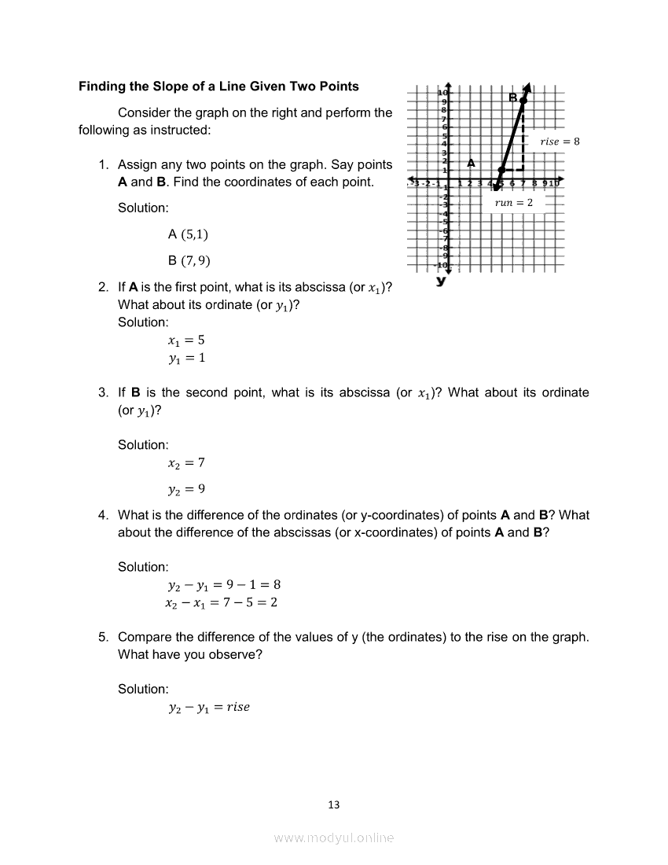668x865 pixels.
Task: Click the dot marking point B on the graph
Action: (x=523, y=100)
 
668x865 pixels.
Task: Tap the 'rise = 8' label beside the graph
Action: (x=560, y=142)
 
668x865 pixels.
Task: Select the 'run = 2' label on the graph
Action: (x=513, y=202)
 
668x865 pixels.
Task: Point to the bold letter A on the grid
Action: (x=471, y=163)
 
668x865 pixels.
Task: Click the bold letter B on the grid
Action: (x=512, y=98)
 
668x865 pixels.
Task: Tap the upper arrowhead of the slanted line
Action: (x=528, y=86)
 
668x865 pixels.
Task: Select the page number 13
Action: (x=334, y=804)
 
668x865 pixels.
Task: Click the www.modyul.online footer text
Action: (x=334, y=838)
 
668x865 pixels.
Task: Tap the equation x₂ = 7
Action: (x=186, y=462)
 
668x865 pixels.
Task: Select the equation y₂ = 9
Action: (x=186, y=489)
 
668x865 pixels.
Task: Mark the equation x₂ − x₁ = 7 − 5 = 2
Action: (x=221, y=603)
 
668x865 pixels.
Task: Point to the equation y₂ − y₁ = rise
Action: (x=208, y=707)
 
